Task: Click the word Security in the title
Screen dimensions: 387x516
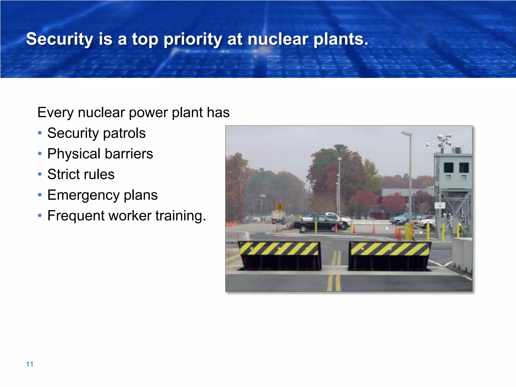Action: pyautogui.click(x=60, y=39)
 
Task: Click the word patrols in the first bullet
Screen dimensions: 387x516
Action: pyautogui.click(x=124, y=133)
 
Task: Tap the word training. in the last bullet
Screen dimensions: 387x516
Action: pyautogui.click(x=181, y=216)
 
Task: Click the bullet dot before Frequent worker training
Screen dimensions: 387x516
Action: pyautogui.click(x=40, y=216)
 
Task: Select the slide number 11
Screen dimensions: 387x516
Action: pyautogui.click(x=29, y=364)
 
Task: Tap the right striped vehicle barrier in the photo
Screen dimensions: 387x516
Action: pyautogui.click(x=390, y=256)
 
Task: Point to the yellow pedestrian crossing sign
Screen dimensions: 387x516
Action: pyautogui.click(x=279, y=208)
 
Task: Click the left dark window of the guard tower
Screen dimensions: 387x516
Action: pyautogui.click(x=448, y=168)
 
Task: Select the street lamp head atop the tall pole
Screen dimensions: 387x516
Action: pyautogui.click(x=406, y=133)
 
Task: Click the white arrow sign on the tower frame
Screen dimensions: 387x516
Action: pyautogui.click(x=440, y=205)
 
